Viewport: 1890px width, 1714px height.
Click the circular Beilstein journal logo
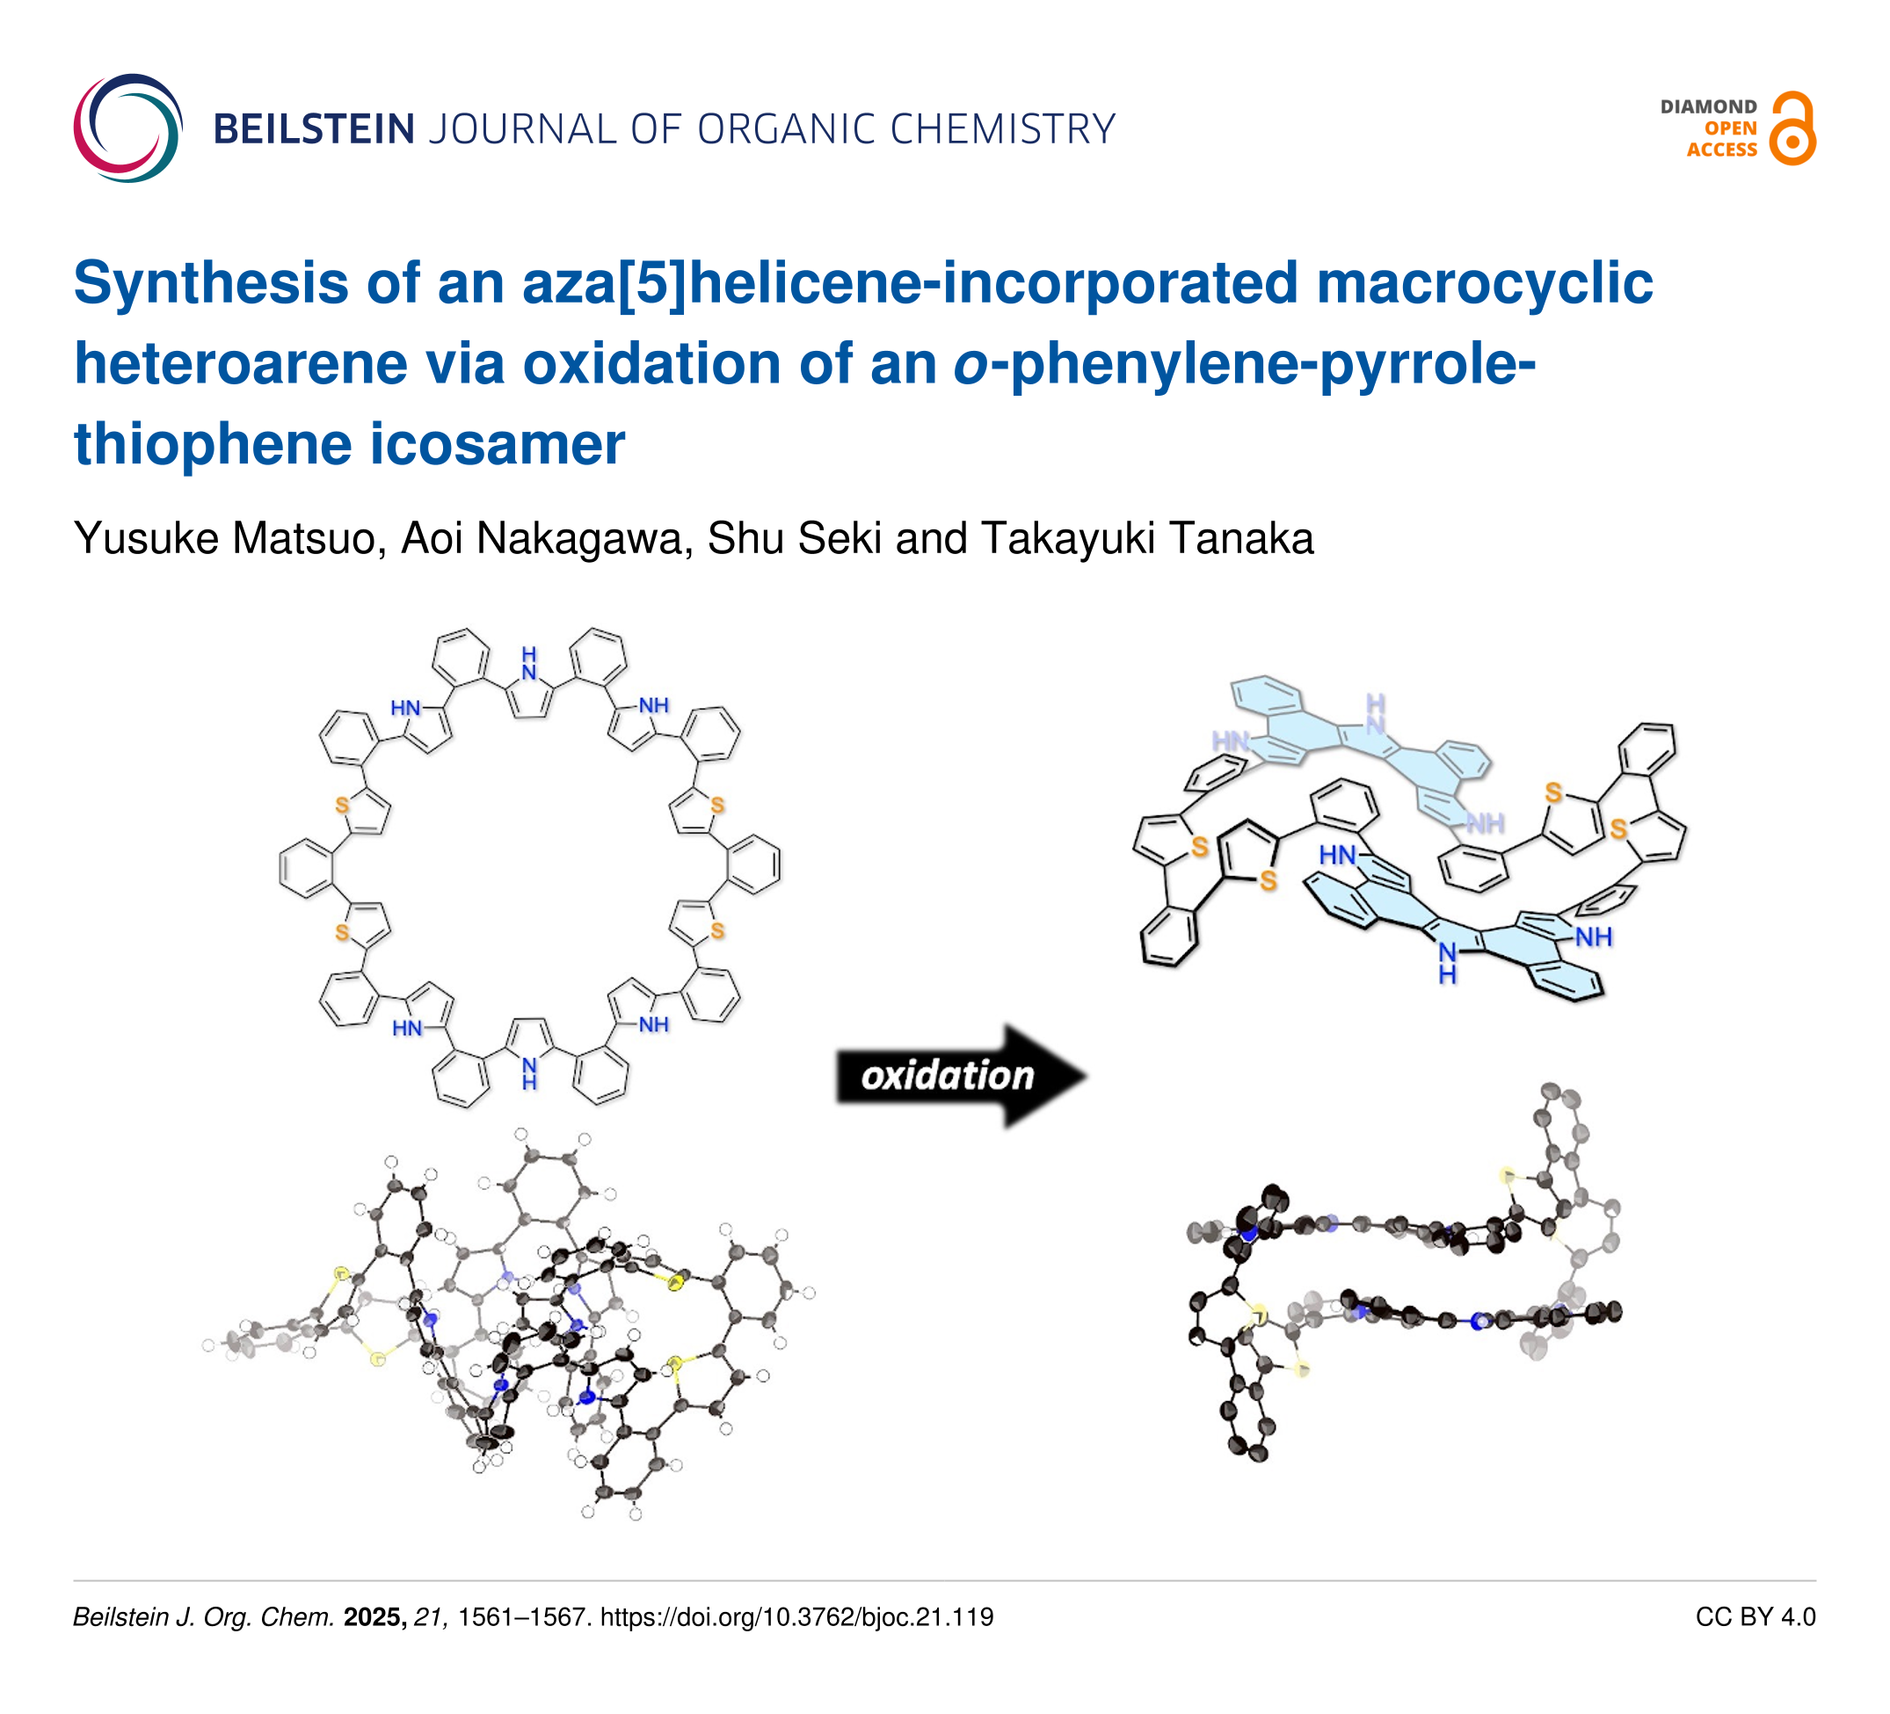point(128,128)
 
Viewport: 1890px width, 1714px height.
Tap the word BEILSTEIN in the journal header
point(314,128)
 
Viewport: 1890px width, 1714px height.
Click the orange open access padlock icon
point(1792,128)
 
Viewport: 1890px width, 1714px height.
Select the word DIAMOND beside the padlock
point(1708,107)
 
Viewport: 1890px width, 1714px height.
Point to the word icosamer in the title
point(497,443)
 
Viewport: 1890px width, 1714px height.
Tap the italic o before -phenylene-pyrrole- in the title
point(971,366)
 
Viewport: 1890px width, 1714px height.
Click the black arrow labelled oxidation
point(962,1076)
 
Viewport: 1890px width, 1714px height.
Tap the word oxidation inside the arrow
point(947,1076)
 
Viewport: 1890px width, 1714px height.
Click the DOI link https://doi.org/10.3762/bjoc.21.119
point(796,1616)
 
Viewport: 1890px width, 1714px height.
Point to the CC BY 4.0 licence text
point(1755,1616)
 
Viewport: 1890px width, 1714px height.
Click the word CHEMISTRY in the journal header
point(1002,128)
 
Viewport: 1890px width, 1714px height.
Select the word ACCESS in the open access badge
point(1721,150)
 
